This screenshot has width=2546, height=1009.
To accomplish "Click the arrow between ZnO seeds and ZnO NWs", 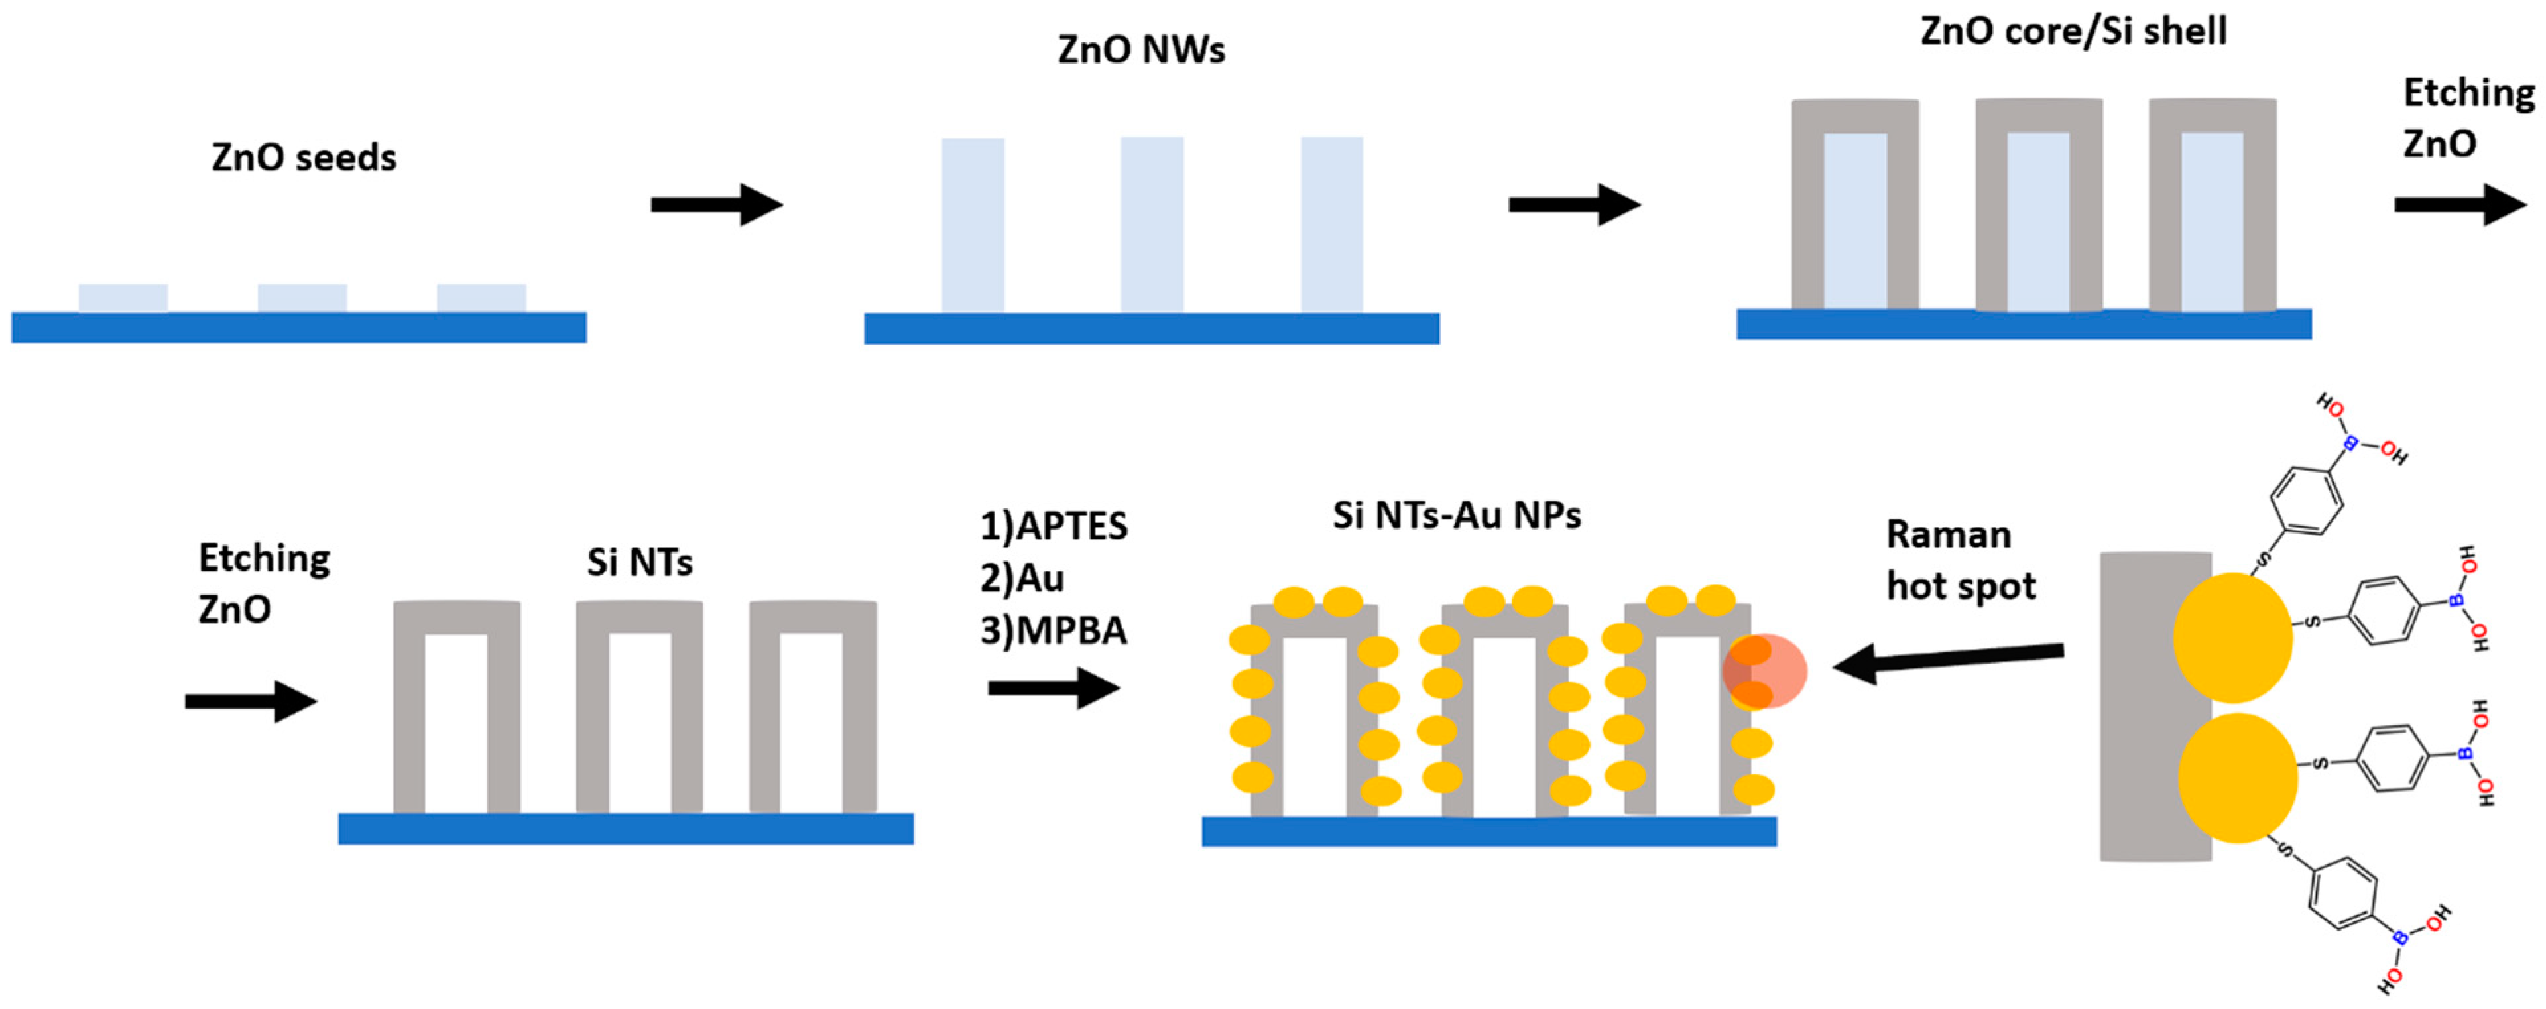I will pyautogui.click(x=717, y=205).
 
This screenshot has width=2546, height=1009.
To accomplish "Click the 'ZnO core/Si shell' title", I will pyautogui.click(x=2073, y=32).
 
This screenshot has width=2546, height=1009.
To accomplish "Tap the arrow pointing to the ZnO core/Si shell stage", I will pyautogui.click(x=1573, y=205).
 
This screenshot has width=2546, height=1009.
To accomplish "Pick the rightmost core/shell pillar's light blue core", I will pyautogui.click(x=2212, y=221).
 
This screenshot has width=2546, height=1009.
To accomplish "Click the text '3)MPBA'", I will pyautogui.click(x=1054, y=630).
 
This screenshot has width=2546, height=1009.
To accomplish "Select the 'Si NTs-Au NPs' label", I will pyautogui.click(x=1456, y=516).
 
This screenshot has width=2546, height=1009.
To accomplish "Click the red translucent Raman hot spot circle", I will pyautogui.click(x=1765, y=671).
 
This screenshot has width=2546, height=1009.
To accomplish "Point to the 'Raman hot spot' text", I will pyautogui.click(x=1960, y=560).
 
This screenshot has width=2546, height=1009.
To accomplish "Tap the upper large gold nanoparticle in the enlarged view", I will pyautogui.click(x=2232, y=637).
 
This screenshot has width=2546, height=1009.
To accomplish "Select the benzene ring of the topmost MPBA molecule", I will pyautogui.click(x=2306, y=500).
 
